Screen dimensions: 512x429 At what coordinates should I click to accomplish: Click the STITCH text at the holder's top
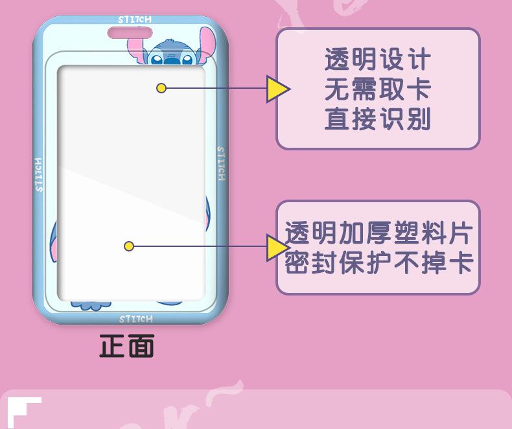click(x=135, y=20)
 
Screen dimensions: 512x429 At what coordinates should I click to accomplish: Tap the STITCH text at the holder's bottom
click(x=136, y=319)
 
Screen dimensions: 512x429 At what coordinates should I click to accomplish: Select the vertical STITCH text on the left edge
click(x=39, y=174)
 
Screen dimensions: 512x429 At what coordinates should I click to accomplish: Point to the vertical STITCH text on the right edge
click(x=221, y=163)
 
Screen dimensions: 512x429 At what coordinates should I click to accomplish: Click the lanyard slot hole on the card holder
click(x=135, y=32)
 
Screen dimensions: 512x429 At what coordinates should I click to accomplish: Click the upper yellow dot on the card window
click(x=161, y=88)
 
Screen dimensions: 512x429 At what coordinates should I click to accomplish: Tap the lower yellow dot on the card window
click(x=129, y=246)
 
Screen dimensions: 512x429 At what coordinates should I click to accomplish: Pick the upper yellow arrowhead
click(x=277, y=89)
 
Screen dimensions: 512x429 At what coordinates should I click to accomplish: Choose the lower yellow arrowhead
click(x=277, y=247)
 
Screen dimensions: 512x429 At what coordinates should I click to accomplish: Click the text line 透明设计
click(x=378, y=60)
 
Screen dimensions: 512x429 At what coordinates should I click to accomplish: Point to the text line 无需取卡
click(x=378, y=90)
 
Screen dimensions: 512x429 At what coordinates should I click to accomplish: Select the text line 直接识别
click(x=378, y=120)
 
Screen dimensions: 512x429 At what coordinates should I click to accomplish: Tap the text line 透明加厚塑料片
click(x=379, y=233)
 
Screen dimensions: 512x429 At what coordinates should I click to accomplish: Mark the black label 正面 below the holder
click(x=126, y=346)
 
